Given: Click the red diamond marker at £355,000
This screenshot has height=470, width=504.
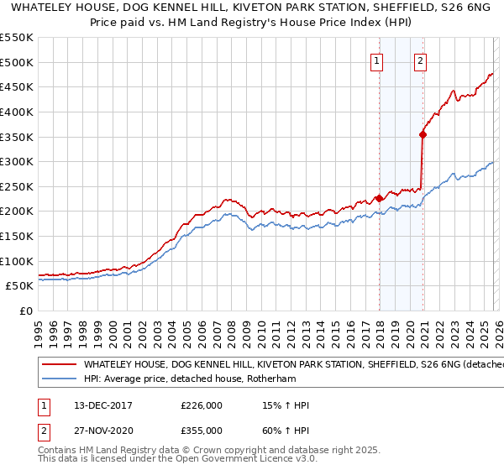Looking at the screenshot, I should [x=423, y=133].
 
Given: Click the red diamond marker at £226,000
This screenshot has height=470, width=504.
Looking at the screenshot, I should [x=380, y=198].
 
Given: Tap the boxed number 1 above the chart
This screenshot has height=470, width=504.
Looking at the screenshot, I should [x=376, y=60].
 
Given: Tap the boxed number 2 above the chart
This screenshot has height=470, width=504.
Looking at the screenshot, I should [x=420, y=60].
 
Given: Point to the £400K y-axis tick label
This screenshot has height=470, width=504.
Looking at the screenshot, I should [x=17, y=112].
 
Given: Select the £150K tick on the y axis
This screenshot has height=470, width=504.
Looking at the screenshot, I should [x=17, y=236].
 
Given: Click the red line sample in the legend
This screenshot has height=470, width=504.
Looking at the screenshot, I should [x=59, y=365].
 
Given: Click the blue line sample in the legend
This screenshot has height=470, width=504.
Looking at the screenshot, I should [x=59, y=379].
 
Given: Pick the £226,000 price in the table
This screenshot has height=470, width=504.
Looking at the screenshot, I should [x=201, y=405].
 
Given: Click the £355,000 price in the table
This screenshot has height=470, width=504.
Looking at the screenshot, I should [x=201, y=430].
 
